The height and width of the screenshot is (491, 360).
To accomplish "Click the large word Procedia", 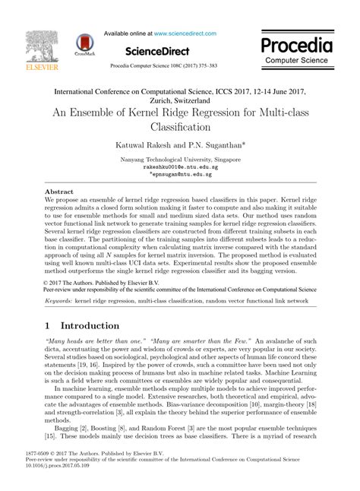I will point(298,43).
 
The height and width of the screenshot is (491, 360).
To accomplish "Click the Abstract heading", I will point(59,193).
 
